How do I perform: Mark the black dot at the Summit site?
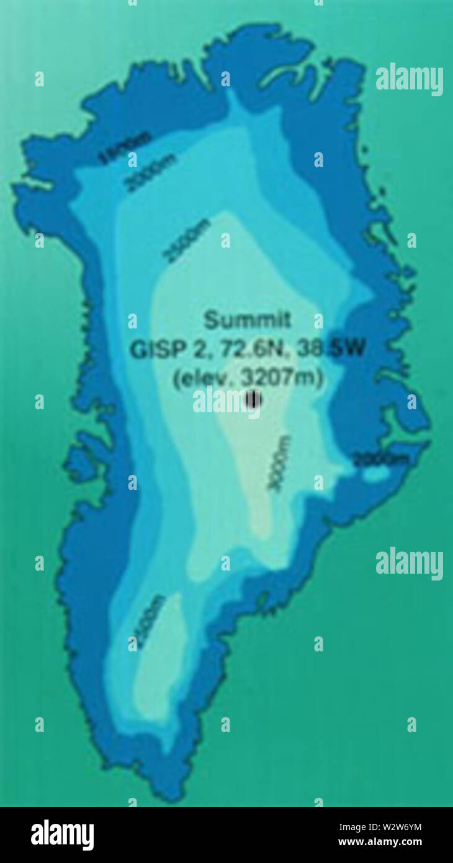252,400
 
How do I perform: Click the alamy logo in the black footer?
62,834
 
